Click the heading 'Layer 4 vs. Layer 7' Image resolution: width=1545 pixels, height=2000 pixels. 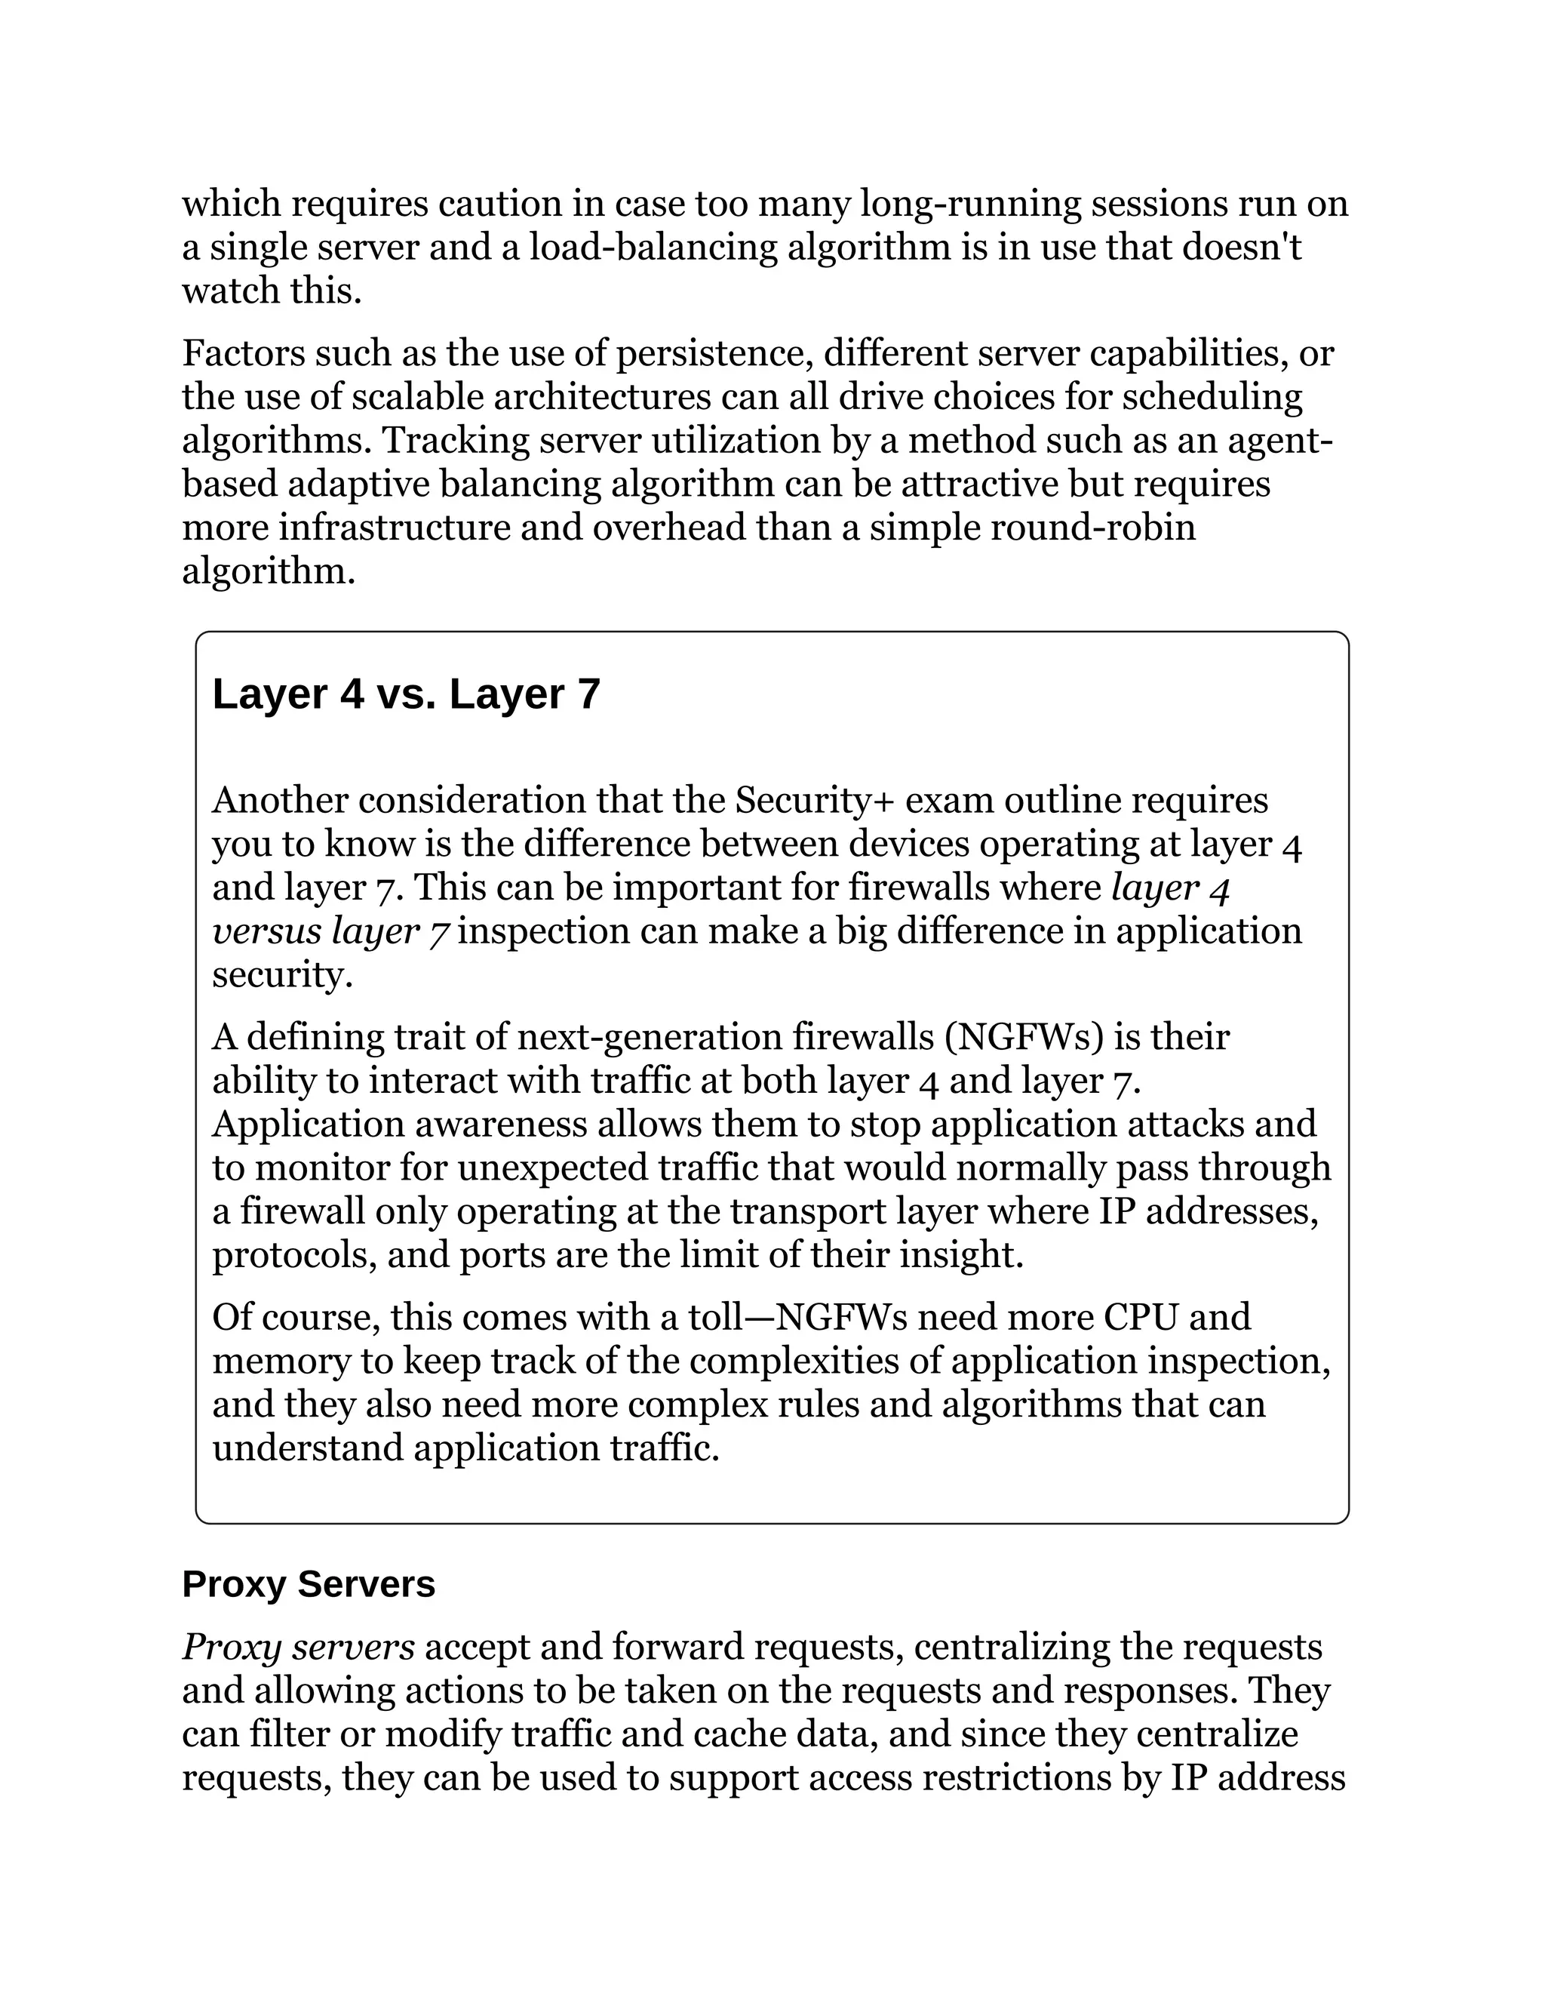(x=405, y=695)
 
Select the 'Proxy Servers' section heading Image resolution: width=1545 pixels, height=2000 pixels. (x=309, y=1584)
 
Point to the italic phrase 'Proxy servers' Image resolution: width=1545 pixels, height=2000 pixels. (x=299, y=1648)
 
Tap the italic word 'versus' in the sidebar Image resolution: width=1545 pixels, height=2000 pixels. (x=266, y=931)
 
